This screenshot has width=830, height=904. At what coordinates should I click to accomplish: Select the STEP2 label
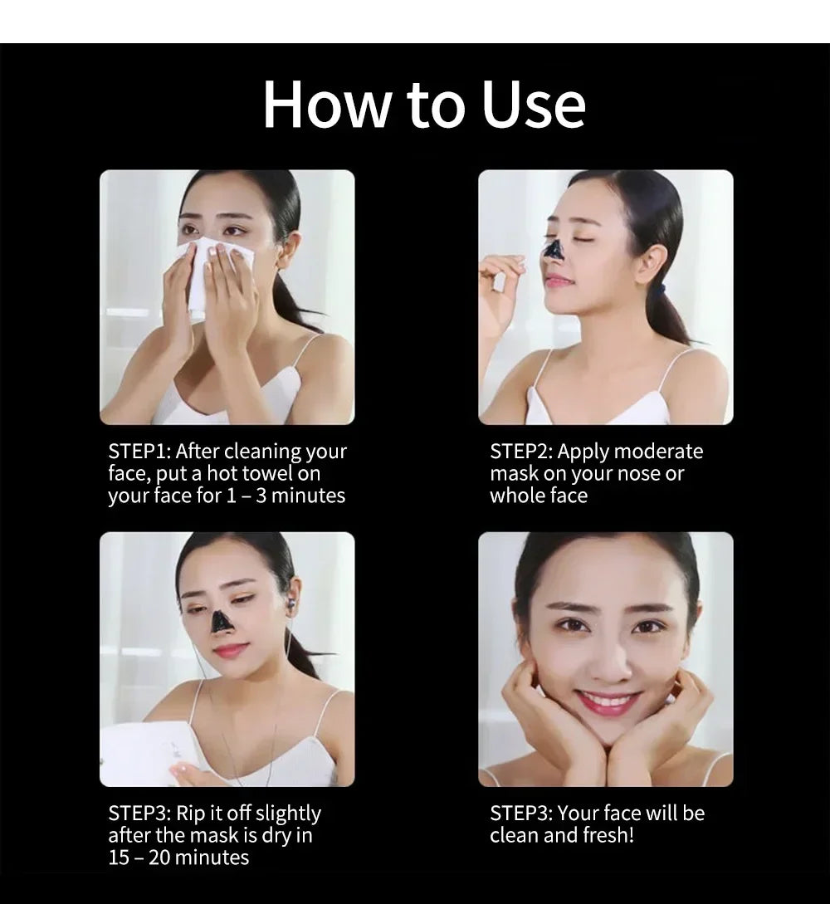click(521, 452)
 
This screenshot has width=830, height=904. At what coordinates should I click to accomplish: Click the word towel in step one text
click(267, 474)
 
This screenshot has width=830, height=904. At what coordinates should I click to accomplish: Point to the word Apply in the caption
click(583, 452)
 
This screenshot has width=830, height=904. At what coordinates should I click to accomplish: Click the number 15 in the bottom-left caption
click(119, 857)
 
